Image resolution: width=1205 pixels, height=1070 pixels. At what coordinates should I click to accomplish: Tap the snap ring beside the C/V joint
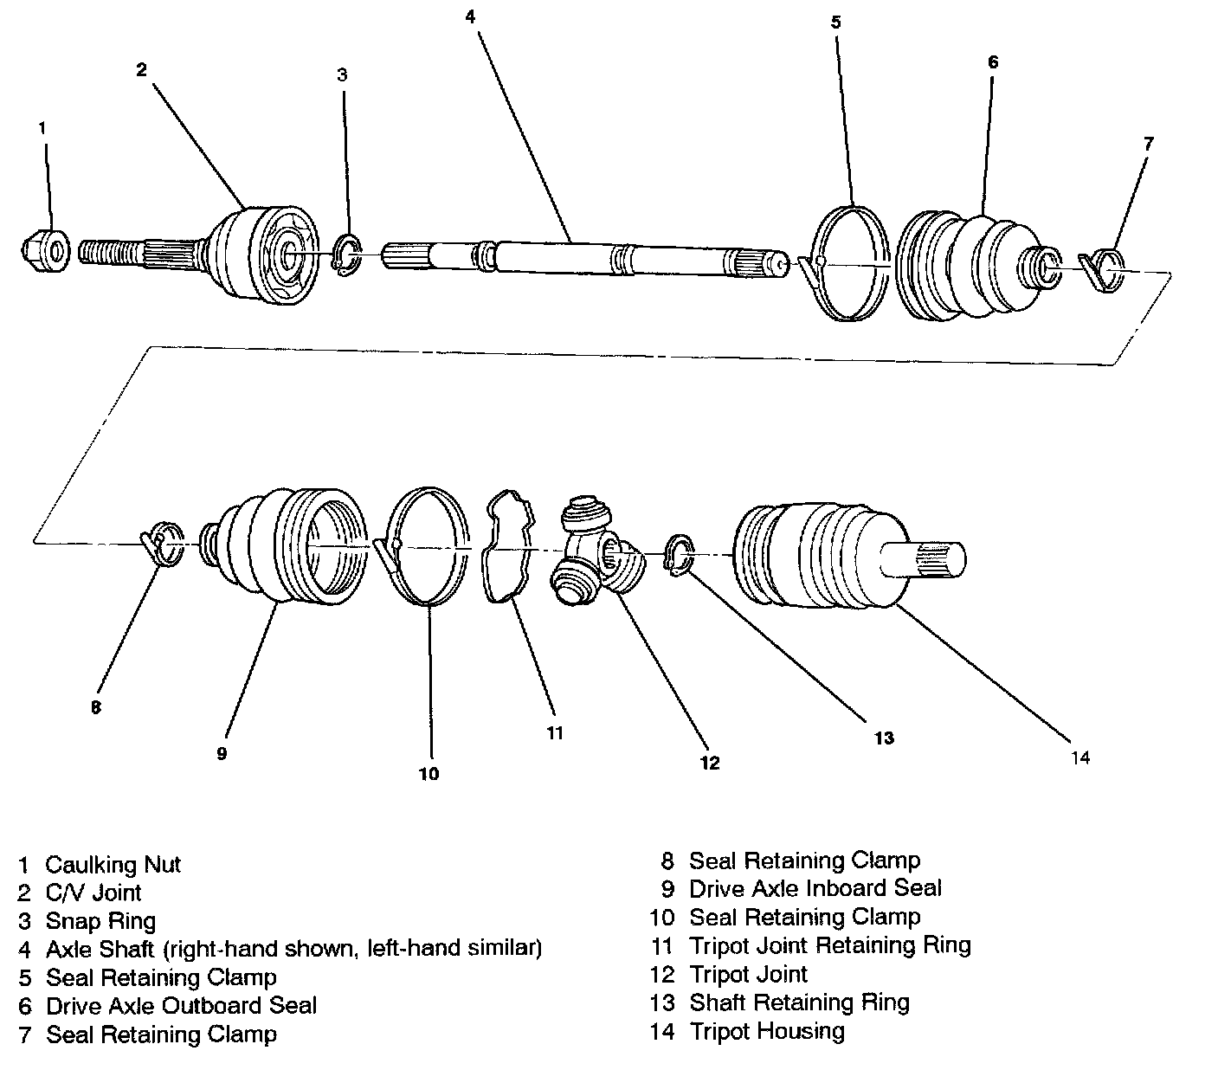[x=347, y=257]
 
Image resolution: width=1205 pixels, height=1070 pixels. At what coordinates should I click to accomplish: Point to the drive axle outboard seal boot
[x=961, y=261]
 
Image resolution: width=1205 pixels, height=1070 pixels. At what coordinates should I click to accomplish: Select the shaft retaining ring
[x=678, y=555]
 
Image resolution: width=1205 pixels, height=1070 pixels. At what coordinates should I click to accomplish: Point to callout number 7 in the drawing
[x=1148, y=144]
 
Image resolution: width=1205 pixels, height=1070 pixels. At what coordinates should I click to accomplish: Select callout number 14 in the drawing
[x=1079, y=758]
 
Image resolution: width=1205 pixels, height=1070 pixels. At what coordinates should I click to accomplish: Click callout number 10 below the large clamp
[x=429, y=774]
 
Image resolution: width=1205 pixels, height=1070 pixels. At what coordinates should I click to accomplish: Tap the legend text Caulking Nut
[x=113, y=864]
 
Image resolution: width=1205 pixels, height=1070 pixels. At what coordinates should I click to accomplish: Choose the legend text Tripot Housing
[x=766, y=1031]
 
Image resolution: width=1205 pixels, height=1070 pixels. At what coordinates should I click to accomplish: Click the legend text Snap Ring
[x=100, y=920]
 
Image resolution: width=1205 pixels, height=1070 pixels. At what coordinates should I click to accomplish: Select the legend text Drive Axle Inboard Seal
[x=815, y=888]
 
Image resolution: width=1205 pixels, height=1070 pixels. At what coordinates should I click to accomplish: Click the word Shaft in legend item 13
[x=716, y=1002]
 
